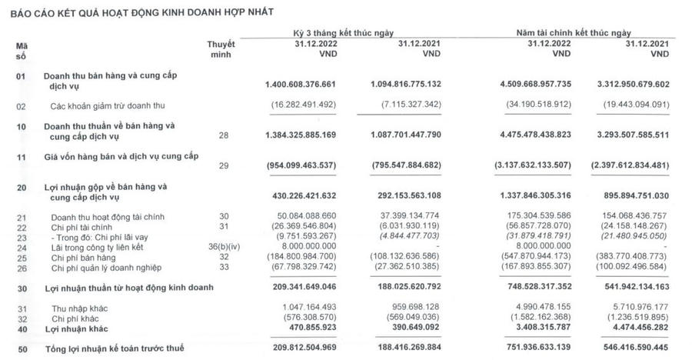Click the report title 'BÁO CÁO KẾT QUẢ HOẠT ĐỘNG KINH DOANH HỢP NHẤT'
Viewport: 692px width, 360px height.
[x=141, y=12]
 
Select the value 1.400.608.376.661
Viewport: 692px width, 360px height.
[x=293, y=83]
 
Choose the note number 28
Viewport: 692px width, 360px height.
[x=224, y=135]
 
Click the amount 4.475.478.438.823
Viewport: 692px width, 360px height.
[x=516, y=135]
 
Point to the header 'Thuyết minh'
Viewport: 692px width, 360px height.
[x=222, y=48]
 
